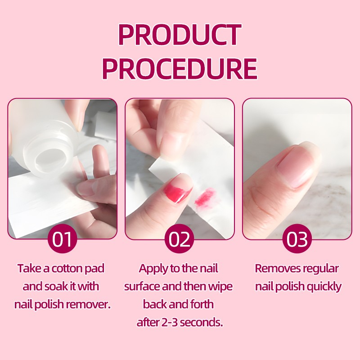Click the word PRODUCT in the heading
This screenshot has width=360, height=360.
pos(180,35)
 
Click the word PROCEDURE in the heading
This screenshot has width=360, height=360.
pos(180,69)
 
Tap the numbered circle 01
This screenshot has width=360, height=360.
pos(62,239)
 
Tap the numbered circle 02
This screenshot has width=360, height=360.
pos(180,239)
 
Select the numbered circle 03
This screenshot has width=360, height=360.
pos(297,239)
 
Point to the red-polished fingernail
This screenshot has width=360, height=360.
pos(177,190)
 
